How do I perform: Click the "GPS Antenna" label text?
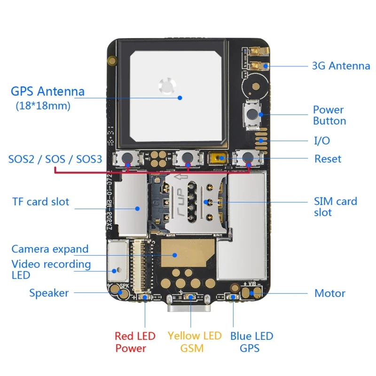(47, 91)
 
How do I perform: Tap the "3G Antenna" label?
(341, 66)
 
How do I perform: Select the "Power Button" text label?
(329, 115)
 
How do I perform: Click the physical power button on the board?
(253, 113)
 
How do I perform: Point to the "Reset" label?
(328, 159)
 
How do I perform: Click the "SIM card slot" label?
(335, 207)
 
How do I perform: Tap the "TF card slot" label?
(40, 202)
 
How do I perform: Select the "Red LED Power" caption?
(135, 342)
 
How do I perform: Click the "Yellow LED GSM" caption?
(194, 342)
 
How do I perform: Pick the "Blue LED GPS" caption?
(251, 342)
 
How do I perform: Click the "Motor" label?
(329, 293)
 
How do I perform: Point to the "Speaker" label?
(49, 293)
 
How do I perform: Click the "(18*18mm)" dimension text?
(43, 106)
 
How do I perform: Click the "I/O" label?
(322, 141)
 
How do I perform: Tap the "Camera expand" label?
(50, 249)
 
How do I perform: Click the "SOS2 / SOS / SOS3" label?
(55, 159)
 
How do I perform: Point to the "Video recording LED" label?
(51, 269)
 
